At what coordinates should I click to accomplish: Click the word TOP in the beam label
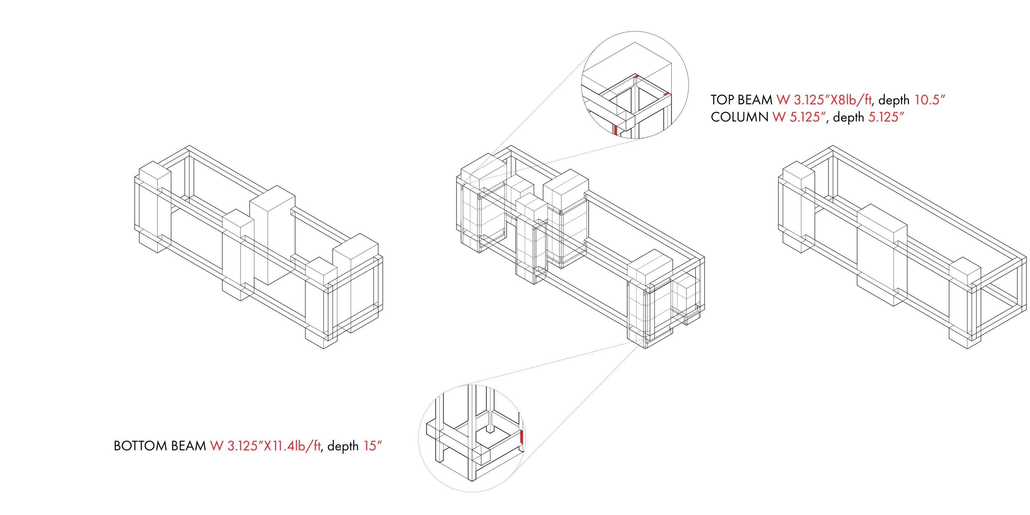coord(721,100)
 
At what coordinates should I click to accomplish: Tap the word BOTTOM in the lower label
coord(140,446)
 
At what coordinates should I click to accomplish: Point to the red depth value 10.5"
coord(930,100)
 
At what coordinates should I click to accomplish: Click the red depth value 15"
coord(372,446)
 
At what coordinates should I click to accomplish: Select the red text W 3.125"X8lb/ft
coord(824,100)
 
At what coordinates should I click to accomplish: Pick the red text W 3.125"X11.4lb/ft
coord(265,446)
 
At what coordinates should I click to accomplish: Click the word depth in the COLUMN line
coord(848,117)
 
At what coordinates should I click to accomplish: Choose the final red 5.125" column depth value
coord(886,117)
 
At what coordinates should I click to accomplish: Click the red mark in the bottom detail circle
coord(521,437)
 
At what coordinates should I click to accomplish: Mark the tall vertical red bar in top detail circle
coord(616,130)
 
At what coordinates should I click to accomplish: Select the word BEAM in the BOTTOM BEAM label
coord(188,446)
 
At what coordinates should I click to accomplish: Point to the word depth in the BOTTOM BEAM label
coord(343,446)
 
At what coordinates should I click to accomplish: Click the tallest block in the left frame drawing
coord(272,235)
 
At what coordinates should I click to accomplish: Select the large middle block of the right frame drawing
coord(882,255)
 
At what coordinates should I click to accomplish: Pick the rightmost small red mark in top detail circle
coord(666,94)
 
